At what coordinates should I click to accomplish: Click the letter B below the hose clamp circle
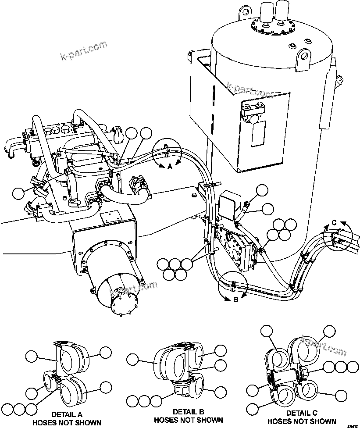click(x=235, y=300)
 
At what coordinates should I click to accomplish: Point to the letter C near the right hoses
click(x=334, y=223)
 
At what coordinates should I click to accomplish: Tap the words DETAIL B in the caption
click(x=188, y=412)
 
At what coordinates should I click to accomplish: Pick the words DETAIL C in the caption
click(x=301, y=413)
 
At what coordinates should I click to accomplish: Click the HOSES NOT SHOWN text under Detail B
click(x=188, y=420)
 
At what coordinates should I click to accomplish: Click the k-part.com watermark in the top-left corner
click(x=83, y=51)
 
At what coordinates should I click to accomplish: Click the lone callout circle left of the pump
click(x=19, y=193)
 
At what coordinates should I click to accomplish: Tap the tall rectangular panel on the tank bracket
click(x=258, y=134)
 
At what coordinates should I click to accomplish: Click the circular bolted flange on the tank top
click(x=272, y=26)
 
